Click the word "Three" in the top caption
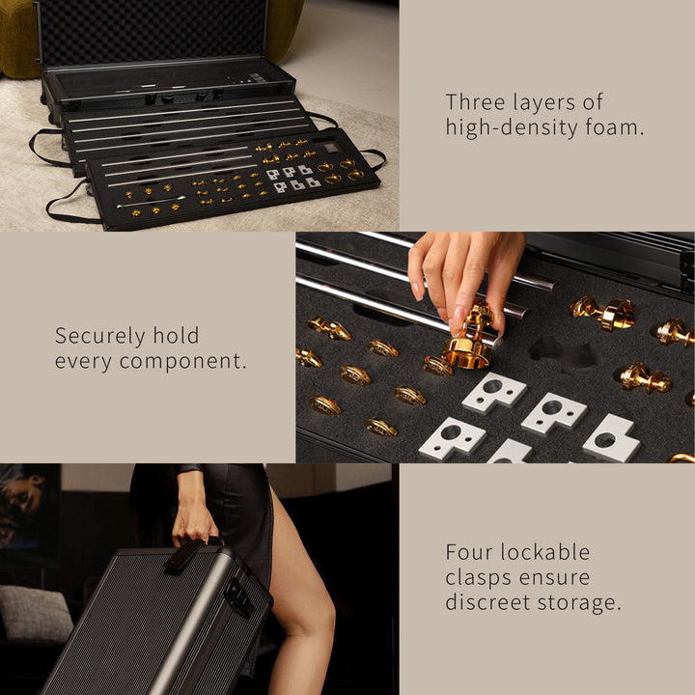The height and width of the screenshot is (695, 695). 475,102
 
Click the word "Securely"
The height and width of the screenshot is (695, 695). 99,337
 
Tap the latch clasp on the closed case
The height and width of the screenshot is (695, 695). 239,598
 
